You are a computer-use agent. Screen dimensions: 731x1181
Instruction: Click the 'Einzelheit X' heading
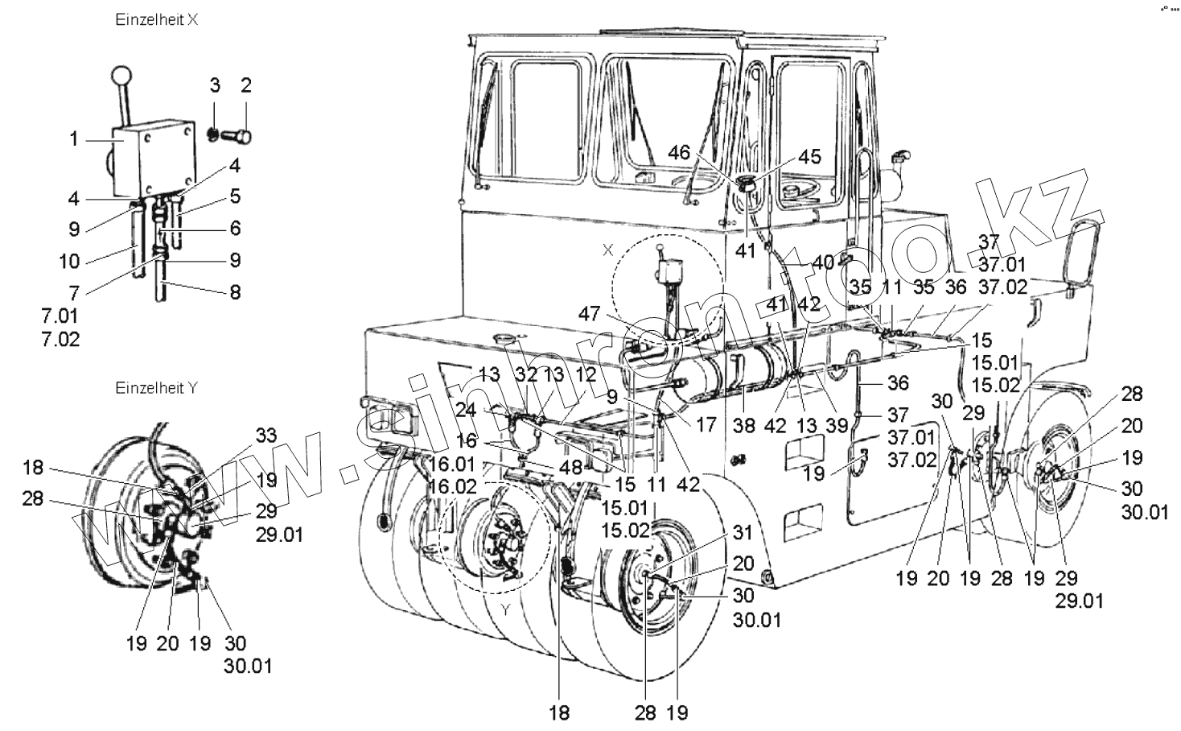(157, 21)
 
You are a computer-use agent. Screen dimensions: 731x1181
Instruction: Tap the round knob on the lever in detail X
(121, 78)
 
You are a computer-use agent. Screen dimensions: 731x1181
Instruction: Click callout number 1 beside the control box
(74, 139)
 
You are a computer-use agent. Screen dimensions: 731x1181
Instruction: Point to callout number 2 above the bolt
(246, 85)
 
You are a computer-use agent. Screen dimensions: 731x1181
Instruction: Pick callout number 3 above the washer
(215, 85)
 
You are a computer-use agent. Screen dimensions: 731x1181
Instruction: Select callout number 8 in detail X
(235, 292)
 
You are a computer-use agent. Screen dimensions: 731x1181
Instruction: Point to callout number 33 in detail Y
(265, 436)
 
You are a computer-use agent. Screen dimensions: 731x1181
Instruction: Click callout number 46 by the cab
(679, 152)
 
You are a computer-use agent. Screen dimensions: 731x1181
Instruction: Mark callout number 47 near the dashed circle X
(590, 314)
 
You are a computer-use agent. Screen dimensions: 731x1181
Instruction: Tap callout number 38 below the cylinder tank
(744, 425)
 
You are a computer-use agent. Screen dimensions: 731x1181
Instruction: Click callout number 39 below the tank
(837, 425)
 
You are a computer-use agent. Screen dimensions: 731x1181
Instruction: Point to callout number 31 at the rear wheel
(742, 533)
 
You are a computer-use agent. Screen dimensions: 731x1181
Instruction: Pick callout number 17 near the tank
(706, 425)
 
